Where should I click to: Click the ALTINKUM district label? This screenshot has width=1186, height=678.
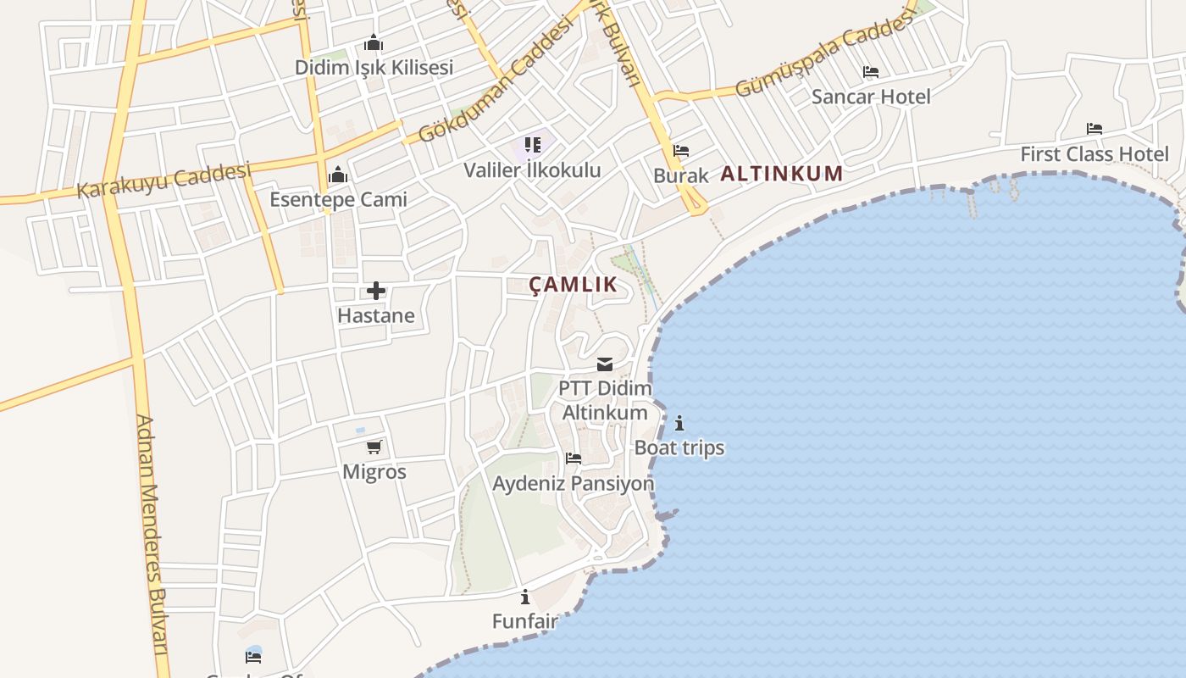pos(781,174)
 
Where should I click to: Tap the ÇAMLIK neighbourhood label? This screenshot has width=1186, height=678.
pos(574,285)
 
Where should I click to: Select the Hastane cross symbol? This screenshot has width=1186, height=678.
pos(376,292)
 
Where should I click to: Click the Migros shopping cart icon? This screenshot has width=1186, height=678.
pos(374,447)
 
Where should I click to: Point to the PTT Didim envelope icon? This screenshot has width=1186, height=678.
pos(605,364)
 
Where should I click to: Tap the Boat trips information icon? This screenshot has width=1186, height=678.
pos(679,423)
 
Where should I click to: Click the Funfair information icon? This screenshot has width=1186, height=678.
pos(525,597)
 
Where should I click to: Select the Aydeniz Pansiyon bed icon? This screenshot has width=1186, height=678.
pos(574,458)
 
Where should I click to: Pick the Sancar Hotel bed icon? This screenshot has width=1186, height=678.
pos(871,72)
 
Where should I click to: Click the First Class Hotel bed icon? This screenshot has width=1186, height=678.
pos(1095,129)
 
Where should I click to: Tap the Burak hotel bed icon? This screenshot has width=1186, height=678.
pos(681,151)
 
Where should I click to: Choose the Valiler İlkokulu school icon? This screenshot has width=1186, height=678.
pos(532,145)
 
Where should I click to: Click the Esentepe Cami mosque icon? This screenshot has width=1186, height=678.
pos(338,175)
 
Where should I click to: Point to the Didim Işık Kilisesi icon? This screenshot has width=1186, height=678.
pos(374,42)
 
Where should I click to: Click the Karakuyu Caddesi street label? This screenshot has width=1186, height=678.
pos(164,181)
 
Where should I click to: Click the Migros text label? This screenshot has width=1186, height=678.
pos(374,472)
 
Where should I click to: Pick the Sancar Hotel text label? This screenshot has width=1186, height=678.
pos(871,97)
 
